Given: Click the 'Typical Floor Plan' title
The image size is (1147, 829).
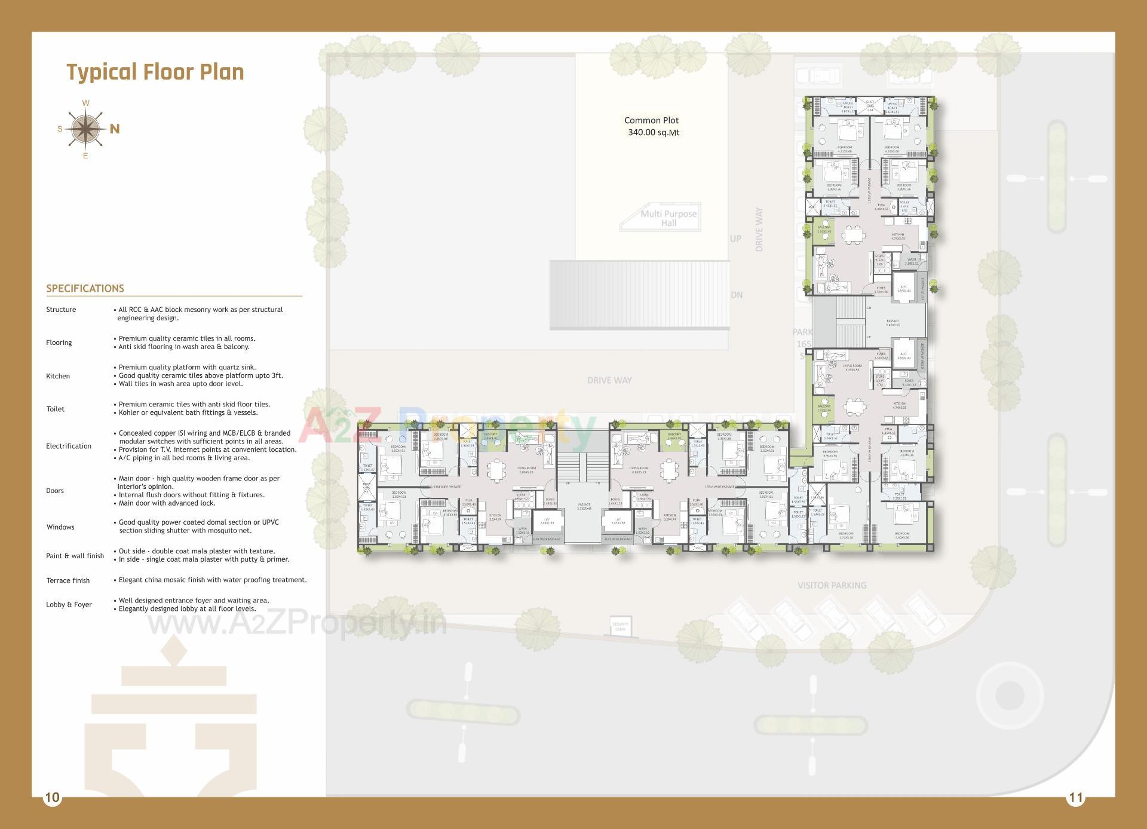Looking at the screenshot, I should pyautogui.click(x=155, y=72).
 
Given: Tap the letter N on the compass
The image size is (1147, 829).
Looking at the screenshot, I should pyautogui.click(x=115, y=129).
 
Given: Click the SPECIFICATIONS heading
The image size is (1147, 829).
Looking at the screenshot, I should pyautogui.click(x=85, y=289).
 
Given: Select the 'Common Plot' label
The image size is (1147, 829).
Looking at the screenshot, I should pyautogui.click(x=651, y=120).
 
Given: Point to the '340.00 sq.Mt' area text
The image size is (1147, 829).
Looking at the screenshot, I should pyautogui.click(x=653, y=133).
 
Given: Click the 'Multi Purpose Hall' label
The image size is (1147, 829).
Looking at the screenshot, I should pyautogui.click(x=668, y=218).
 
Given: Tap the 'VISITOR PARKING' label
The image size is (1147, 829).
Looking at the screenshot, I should pyautogui.click(x=832, y=585).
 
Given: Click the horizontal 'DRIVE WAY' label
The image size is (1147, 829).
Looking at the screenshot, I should pyautogui.click(x=609, y=380).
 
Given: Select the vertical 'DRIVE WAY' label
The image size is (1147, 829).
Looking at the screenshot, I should pyautogui.click(x=759, y=230).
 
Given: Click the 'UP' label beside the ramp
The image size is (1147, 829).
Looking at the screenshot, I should pyautogui.click(x=735, y=238).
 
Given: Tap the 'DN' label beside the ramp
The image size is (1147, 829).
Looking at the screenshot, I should pyautogui.click(x=737, y=295).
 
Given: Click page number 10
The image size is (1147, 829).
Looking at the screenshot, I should pyautogui.click(x=53, y=797).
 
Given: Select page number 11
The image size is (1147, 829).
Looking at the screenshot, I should pyautogui.click(x=1075, y=797).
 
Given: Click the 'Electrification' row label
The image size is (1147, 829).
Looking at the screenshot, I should pyautogui.click(x=69, y=446).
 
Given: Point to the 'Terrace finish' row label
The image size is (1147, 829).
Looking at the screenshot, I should pyautogui.click(x=68, y=580).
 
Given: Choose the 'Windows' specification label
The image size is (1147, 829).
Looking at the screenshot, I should pyautogui.click(x=60, y=527).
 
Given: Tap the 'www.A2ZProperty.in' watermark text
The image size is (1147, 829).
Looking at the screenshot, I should pyautogui.click(x=297, y=624).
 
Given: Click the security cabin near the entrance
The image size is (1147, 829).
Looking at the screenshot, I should pyautogui.click(x=620, y=626).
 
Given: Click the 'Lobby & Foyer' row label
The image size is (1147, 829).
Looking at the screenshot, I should pyautogui.click(x=69, y=604).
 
